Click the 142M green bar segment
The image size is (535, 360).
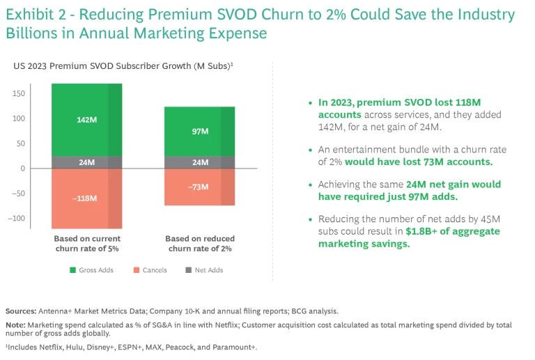point(86,120)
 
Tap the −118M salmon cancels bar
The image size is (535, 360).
point(86,198)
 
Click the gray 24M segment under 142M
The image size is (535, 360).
point(86,162)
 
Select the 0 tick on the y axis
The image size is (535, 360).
point(22,168)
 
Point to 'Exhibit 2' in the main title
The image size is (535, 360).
point(35,15)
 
